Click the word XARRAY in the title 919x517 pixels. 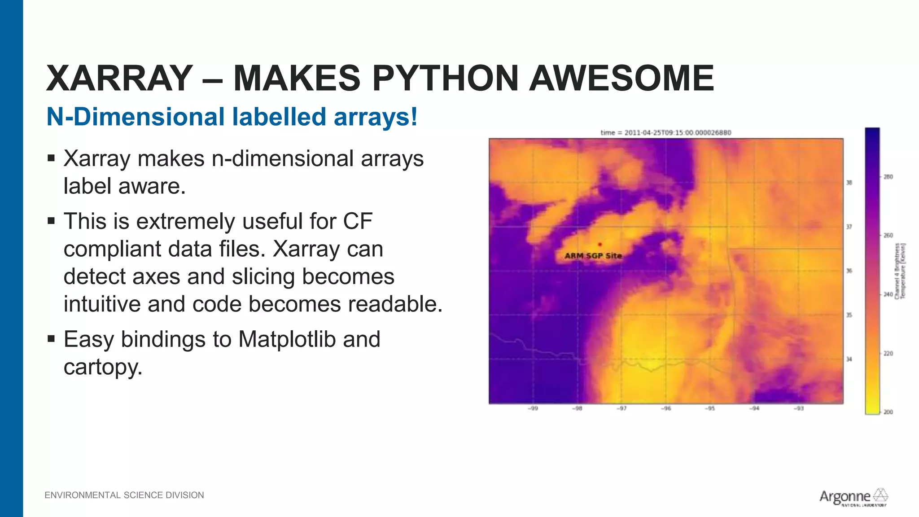coord(119,79)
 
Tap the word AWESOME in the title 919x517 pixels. coord(621,79)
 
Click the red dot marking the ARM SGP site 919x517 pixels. coord(600,244)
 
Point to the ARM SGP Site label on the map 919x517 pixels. coord(593,256)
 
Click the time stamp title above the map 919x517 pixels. coord(666,133)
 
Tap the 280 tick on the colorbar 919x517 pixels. coord(888,177)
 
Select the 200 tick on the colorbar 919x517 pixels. coord(888,412)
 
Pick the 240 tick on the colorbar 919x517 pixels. coord(888,294)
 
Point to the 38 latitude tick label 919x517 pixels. coord(849,183)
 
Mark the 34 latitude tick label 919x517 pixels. coord(849,359)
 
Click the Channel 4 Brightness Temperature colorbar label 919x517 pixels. coord(900,271)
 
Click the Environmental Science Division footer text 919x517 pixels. coord(124,495)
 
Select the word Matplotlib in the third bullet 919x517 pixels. coord(287,339)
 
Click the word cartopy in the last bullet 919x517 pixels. coord(103,367)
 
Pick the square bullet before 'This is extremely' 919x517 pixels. coord(51,221)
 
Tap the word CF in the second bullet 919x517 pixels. coord(358,221)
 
